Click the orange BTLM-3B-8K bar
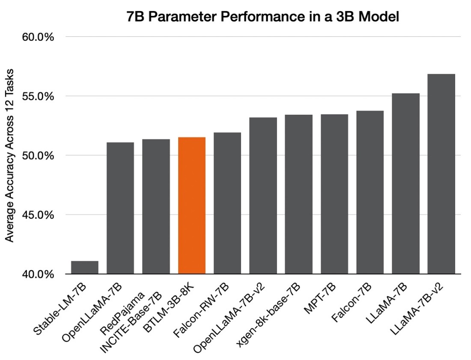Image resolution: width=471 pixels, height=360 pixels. [192, 206]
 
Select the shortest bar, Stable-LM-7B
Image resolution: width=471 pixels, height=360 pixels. [85, 267]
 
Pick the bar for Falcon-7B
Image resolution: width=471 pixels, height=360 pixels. [370, 192]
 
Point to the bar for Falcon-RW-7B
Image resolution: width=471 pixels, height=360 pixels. [227, 203]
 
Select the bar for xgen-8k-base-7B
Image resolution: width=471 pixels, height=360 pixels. [298, 195]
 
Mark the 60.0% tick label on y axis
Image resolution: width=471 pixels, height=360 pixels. [38, 37]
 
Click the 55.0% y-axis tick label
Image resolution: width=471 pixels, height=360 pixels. [38, 96]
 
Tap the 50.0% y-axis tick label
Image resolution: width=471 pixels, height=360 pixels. [38, 156]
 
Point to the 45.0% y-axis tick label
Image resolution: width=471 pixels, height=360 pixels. [38, 215]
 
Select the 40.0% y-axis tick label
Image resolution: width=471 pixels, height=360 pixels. [38, 274]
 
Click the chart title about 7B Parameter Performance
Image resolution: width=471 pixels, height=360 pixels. [263, 17]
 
